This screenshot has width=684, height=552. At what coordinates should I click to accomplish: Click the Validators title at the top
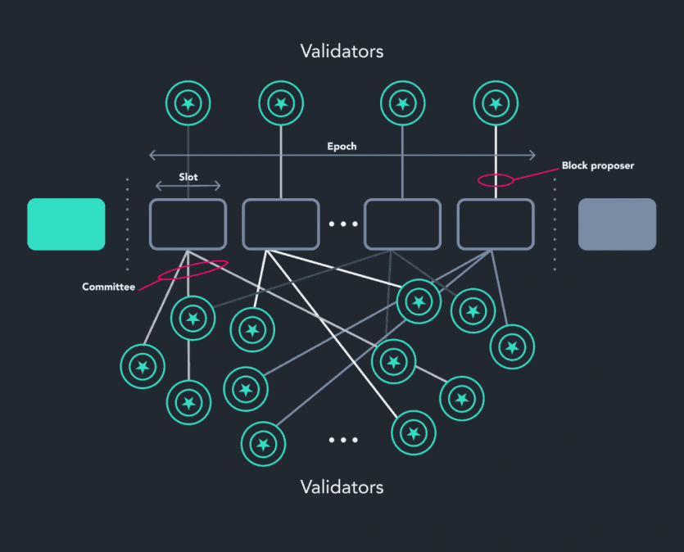342,51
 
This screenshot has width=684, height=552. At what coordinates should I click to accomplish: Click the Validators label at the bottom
342,487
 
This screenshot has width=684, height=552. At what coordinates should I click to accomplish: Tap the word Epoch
342,147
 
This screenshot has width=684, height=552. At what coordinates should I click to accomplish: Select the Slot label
188,177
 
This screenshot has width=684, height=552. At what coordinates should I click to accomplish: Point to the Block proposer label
598,165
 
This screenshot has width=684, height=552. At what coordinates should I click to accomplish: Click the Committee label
108,287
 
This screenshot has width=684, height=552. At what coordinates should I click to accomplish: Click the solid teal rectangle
66,224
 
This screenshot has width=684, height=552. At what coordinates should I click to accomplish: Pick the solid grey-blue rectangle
617,224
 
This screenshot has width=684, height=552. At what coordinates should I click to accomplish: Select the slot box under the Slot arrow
188,224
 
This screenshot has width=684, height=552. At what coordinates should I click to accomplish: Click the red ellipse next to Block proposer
496,179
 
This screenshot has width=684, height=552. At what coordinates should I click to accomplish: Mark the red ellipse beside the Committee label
193,269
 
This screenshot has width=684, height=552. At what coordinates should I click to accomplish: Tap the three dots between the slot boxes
342,224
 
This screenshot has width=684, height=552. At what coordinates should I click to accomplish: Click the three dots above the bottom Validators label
342,440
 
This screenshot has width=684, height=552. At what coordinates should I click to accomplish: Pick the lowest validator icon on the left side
263,444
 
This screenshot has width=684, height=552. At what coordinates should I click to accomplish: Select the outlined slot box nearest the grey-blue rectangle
495,224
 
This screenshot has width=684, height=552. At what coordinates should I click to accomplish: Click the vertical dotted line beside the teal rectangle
128,224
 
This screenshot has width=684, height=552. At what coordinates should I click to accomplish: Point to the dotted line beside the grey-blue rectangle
555,224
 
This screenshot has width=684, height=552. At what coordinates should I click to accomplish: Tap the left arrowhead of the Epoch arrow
151,155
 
